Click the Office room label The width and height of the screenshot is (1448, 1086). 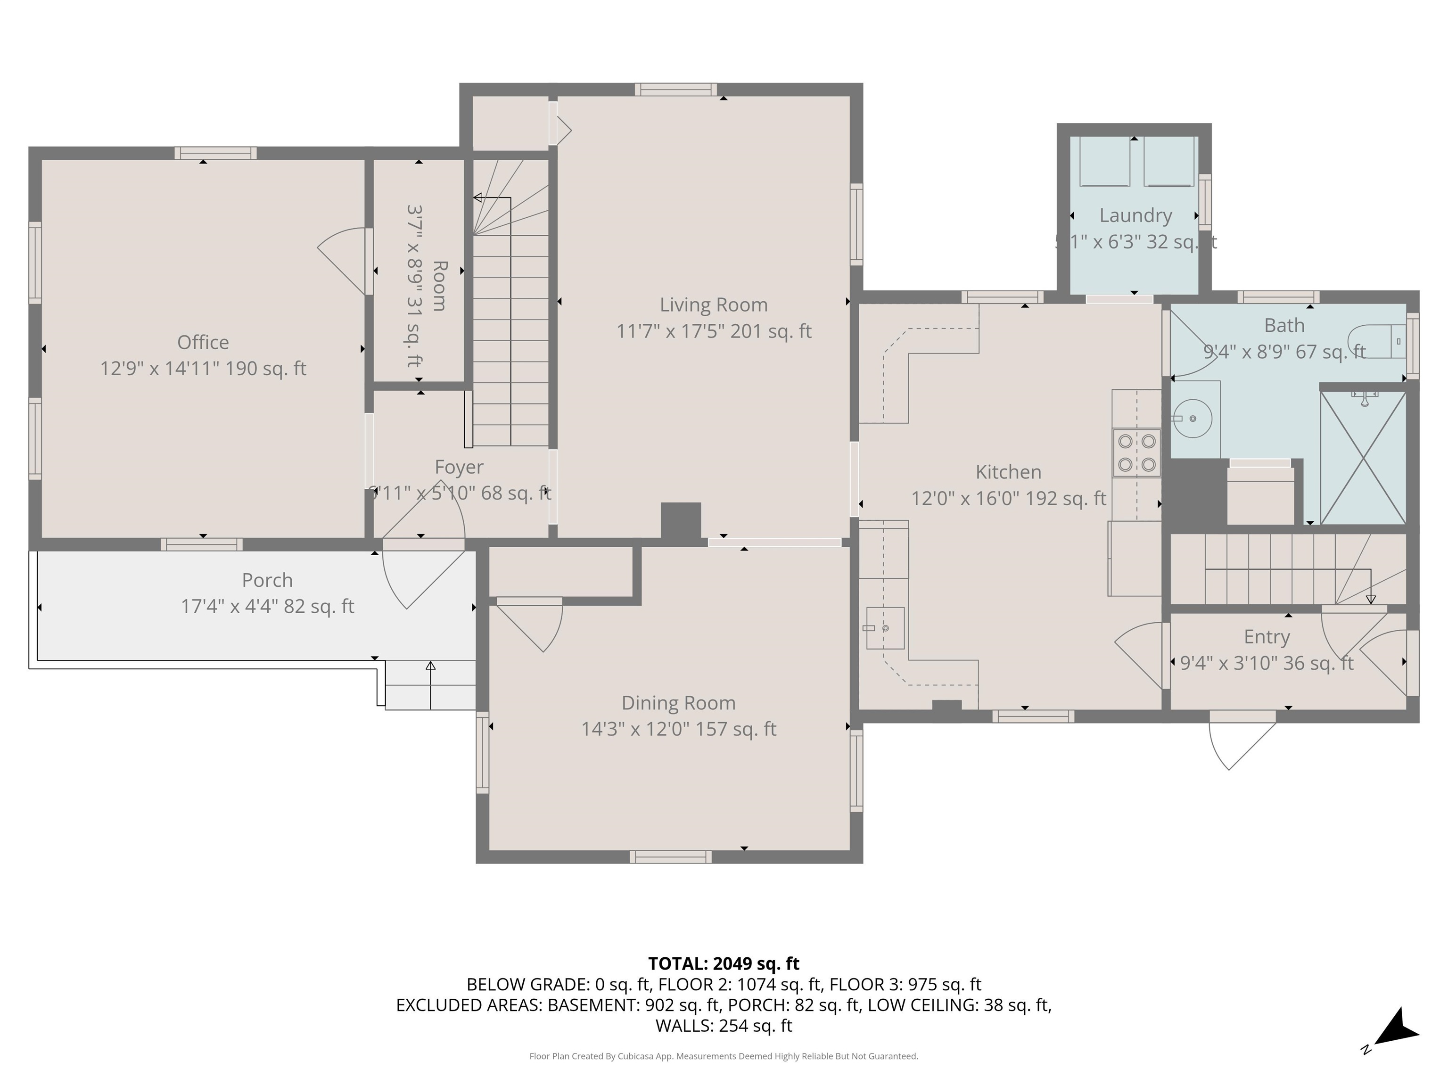click(203, 342)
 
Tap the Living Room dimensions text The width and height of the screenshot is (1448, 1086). click(714, 331)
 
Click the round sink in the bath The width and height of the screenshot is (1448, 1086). click(1193, 418)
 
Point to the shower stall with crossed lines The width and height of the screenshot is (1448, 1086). click(1363, 458)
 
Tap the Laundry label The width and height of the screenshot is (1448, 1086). click(1135, 215)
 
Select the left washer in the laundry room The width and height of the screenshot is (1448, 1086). click(1104, 162)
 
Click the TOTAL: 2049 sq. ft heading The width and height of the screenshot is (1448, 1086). click(724, 963)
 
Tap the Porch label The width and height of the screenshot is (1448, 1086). click(267, 580)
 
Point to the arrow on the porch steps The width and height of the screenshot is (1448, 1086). click(430, 684)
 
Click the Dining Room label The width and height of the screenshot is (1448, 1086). click(678, 703)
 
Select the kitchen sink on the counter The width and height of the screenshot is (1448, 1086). click(885, 628)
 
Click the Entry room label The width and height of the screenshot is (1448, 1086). click(1267, 637)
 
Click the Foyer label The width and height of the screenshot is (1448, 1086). click(459, 468)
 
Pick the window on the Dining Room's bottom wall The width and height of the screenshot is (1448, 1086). click(670, 857)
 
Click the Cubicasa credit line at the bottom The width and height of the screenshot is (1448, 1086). click(724, 1056)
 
